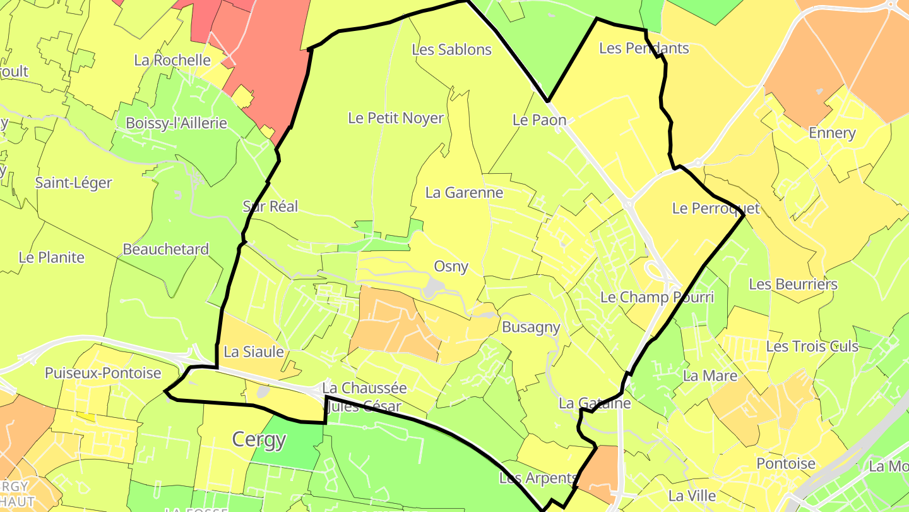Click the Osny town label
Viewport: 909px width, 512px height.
point(451,267)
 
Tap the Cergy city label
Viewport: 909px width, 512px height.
point(259,439)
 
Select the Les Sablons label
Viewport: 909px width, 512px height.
point(451,49)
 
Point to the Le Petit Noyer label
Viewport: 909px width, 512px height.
point(396,118)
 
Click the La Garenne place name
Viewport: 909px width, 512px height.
point(464,193)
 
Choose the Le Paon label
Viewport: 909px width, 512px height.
point(539,120)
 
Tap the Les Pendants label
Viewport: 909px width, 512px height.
point(644,48)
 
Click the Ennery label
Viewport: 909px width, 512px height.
point(832,133)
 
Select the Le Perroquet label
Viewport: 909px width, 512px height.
point(716,209)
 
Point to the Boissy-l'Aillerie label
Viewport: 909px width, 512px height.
point(176,123)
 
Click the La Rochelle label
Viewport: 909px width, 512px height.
point(172,60)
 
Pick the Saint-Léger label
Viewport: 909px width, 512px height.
point(73,183)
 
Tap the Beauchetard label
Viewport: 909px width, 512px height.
point(165,250)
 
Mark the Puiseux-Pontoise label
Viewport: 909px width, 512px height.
point(103,374)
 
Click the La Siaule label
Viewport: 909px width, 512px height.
point(254,352)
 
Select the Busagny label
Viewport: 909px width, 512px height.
point(531,327)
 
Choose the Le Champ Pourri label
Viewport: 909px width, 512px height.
point(656,297)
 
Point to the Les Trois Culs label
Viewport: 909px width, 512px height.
point(812,346)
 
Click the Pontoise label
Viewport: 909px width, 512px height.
point(786,463)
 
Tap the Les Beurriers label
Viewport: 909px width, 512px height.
point(793,284)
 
